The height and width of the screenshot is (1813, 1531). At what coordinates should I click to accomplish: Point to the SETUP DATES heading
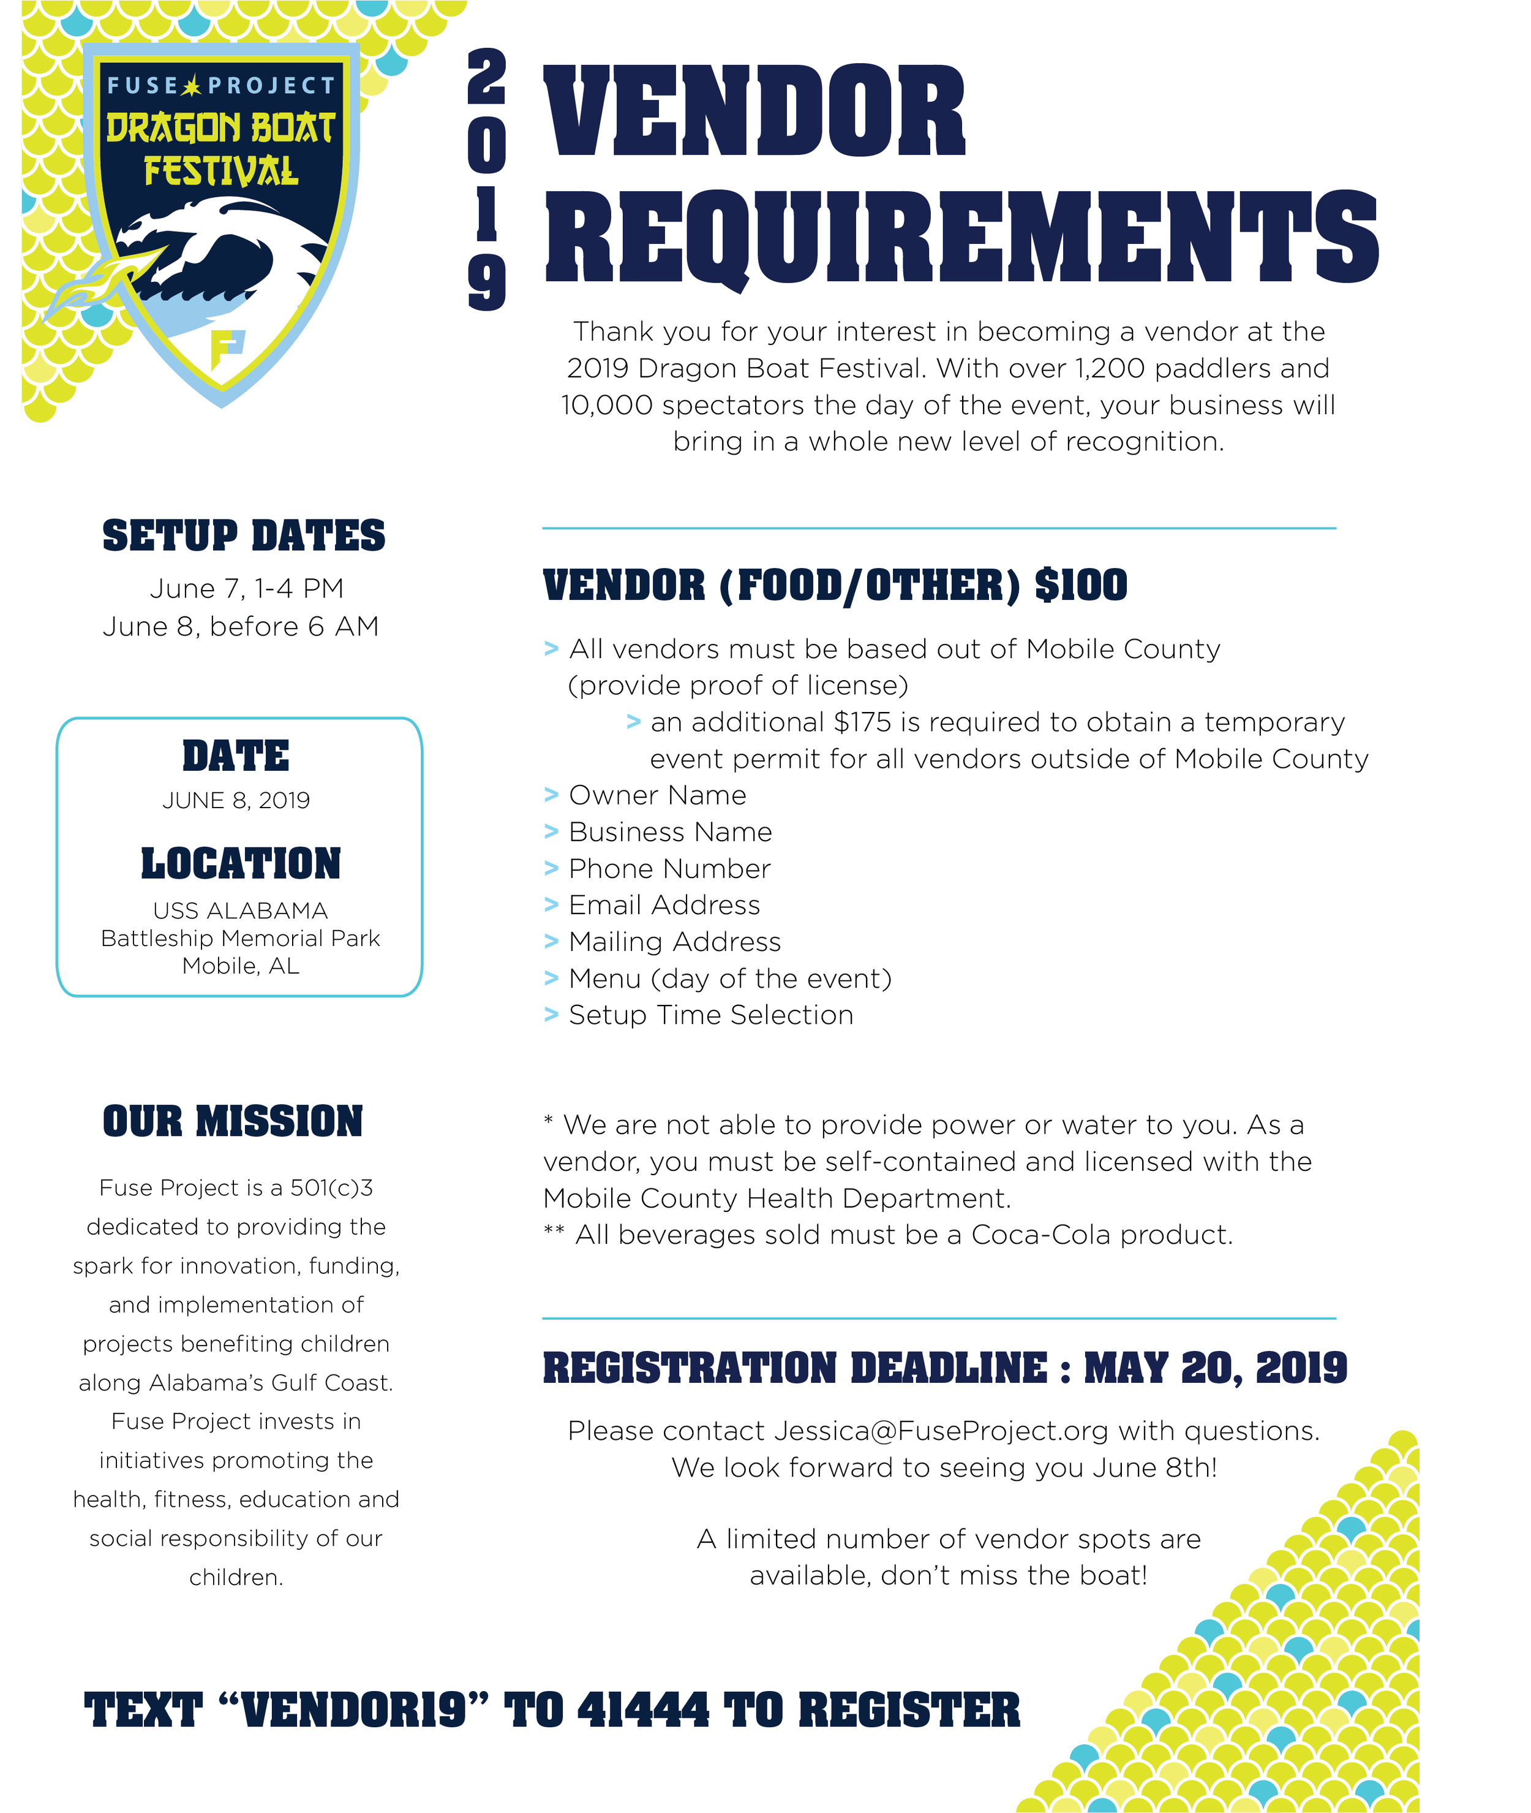pyautogui.click(x=243, y=535)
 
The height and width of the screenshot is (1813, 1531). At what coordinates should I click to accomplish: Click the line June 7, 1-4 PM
pyautogui.click(x=246, y=589)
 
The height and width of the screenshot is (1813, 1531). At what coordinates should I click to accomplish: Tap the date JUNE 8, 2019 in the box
pyautogui.click(x=236, y=800)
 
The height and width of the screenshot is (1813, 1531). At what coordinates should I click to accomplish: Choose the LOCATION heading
pyautogui.click(x=241, y=863)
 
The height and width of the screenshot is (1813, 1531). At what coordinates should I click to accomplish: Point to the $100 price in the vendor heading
pyautogui.click(x=1080, y=585)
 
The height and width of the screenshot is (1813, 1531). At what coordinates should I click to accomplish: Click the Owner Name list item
pyautogui.click(x=657, y=795)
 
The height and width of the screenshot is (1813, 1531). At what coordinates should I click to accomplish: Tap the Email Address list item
pyautogui.click(x=664, y=905)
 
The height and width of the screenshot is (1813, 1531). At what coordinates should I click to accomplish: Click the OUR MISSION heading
pyautogui.click(x=233, y=1121)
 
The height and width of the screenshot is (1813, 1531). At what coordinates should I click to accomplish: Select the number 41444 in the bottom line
pyautogui.click(x=643, y=1709)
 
